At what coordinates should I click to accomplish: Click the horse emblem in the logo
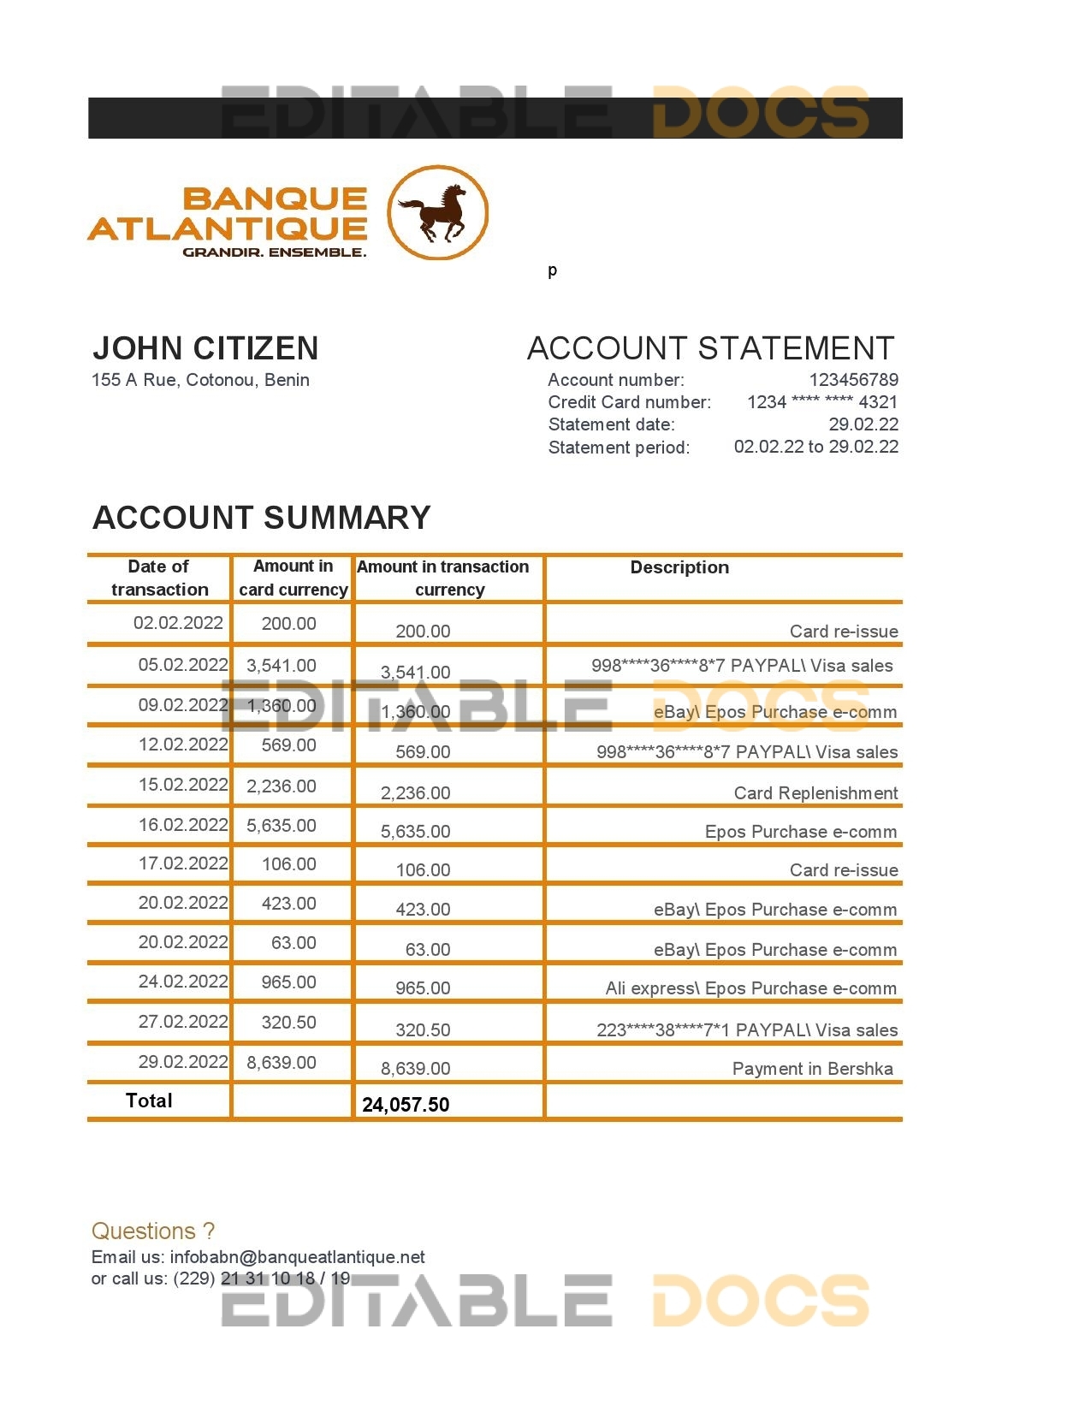(438, 213)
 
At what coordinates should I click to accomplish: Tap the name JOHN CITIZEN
(205, 348)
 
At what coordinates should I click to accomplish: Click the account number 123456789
(853, 380)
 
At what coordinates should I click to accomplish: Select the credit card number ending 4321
(822, 402)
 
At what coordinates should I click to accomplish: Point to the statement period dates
(815, 447)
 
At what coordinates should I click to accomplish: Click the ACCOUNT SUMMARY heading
(261, 518)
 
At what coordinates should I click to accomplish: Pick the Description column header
(679, 567)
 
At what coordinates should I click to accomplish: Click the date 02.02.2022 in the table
(178, 623)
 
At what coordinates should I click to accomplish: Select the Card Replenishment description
(815, 793)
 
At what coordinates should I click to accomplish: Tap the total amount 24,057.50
(406, 1105)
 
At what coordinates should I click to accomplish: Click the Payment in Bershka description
(812, 1069)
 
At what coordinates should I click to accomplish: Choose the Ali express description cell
(750, 988)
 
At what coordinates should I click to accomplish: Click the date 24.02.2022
(183, 982)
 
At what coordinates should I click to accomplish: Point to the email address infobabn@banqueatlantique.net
(297, 1257)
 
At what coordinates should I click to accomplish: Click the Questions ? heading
(153, 1231)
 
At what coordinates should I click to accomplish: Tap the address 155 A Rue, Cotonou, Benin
(200, 380)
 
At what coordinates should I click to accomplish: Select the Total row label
(149, 1101)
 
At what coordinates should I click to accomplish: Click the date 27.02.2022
(183, 1022)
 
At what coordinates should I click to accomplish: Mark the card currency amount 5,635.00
(282, 826)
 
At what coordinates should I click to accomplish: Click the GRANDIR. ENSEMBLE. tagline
(274, 252)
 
